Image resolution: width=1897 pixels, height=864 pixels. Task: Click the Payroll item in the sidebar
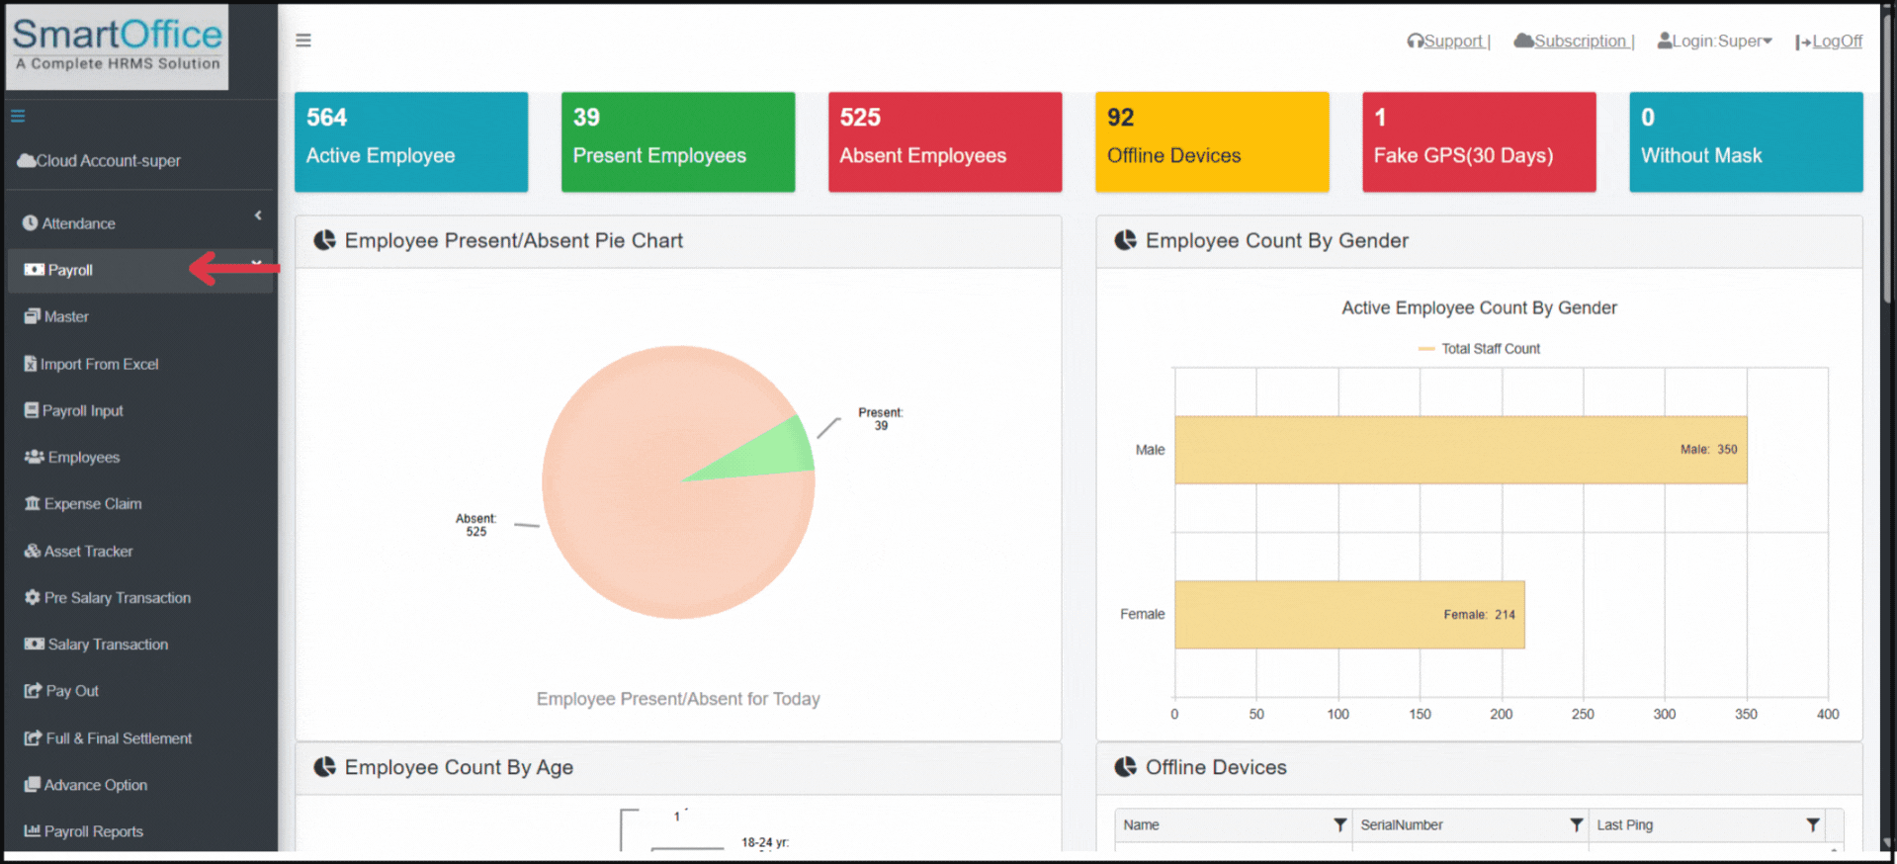coord(70,270)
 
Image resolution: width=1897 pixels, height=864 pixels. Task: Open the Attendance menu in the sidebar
coord(78,223)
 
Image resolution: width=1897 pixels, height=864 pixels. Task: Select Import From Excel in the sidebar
coord(99,364)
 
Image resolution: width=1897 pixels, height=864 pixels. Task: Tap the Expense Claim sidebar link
coord(92,504)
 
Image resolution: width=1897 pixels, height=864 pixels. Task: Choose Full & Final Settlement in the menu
coord(119,738)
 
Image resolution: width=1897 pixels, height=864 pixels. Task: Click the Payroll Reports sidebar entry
coord(94,831)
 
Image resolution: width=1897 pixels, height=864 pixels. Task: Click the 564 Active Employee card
coord(410,141)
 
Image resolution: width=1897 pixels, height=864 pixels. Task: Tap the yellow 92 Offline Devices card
coord(1211,141)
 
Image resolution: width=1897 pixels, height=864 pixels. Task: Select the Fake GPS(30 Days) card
coord(1478,141)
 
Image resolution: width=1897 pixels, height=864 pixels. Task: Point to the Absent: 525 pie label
coord(475,525)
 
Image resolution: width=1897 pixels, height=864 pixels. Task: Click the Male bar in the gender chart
coord(1459,450)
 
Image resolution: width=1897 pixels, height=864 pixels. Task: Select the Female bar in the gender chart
coord(1348,614)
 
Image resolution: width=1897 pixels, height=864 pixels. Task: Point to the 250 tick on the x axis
coord(1583,714)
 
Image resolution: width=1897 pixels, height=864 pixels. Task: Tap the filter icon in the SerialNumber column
coord(1576,824)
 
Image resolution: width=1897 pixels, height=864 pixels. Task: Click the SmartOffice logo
coord(117,45)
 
